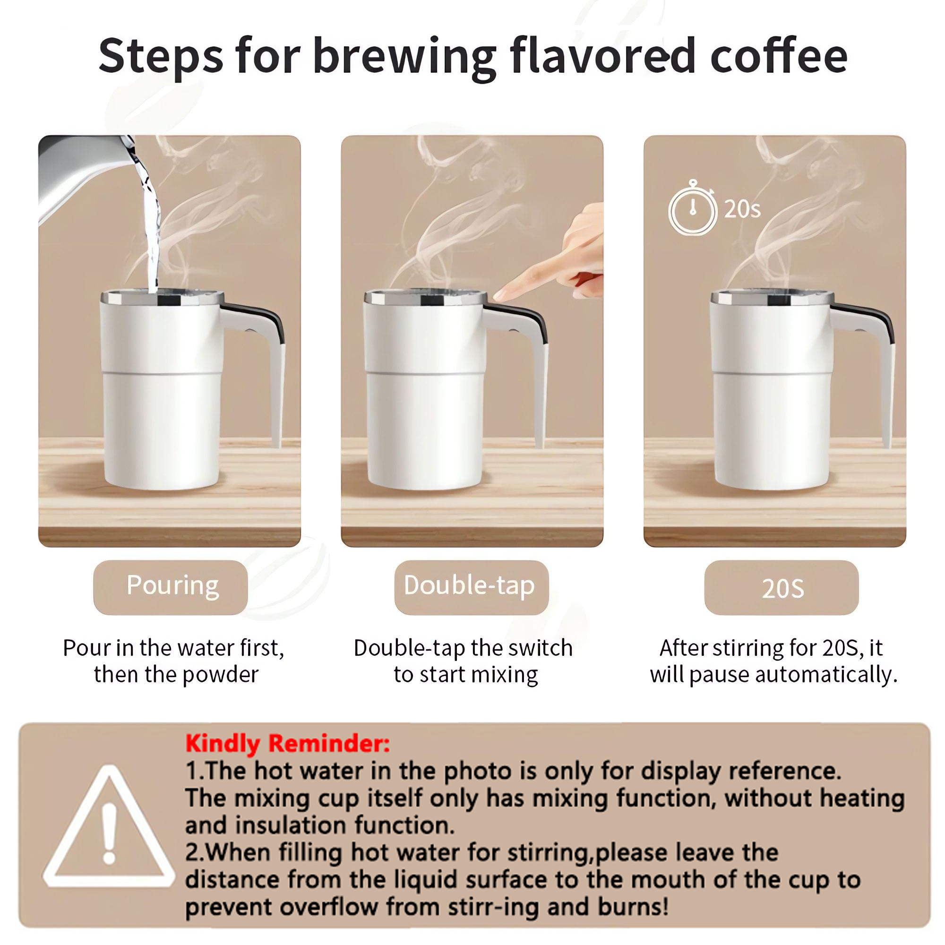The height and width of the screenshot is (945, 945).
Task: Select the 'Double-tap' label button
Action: tap(471, 587)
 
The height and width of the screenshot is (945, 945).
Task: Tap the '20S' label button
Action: tap(781, 588)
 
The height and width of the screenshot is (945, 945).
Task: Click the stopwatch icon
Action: tap(692, 209)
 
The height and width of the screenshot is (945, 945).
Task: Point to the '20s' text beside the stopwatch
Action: tap(742, 209)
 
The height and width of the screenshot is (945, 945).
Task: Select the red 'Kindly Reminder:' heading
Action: tap(288, 744)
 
